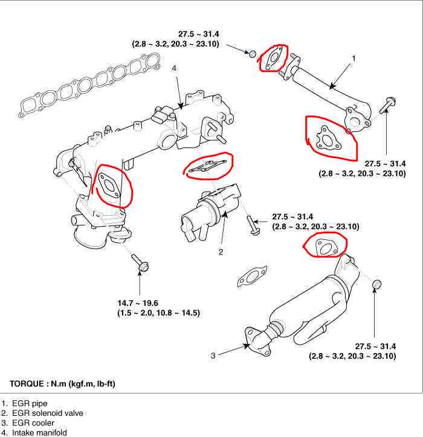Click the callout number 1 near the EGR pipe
354,58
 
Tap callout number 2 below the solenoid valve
221,251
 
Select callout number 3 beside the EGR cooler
213,355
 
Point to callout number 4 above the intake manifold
174,69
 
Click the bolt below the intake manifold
141,264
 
